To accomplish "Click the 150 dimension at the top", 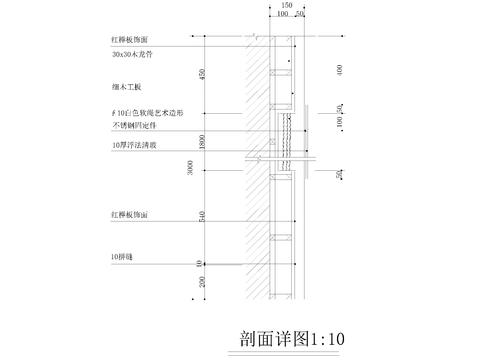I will click(287, 5).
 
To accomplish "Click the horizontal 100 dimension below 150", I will click(282, 16).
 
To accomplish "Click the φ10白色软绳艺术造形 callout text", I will click(148, 113).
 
